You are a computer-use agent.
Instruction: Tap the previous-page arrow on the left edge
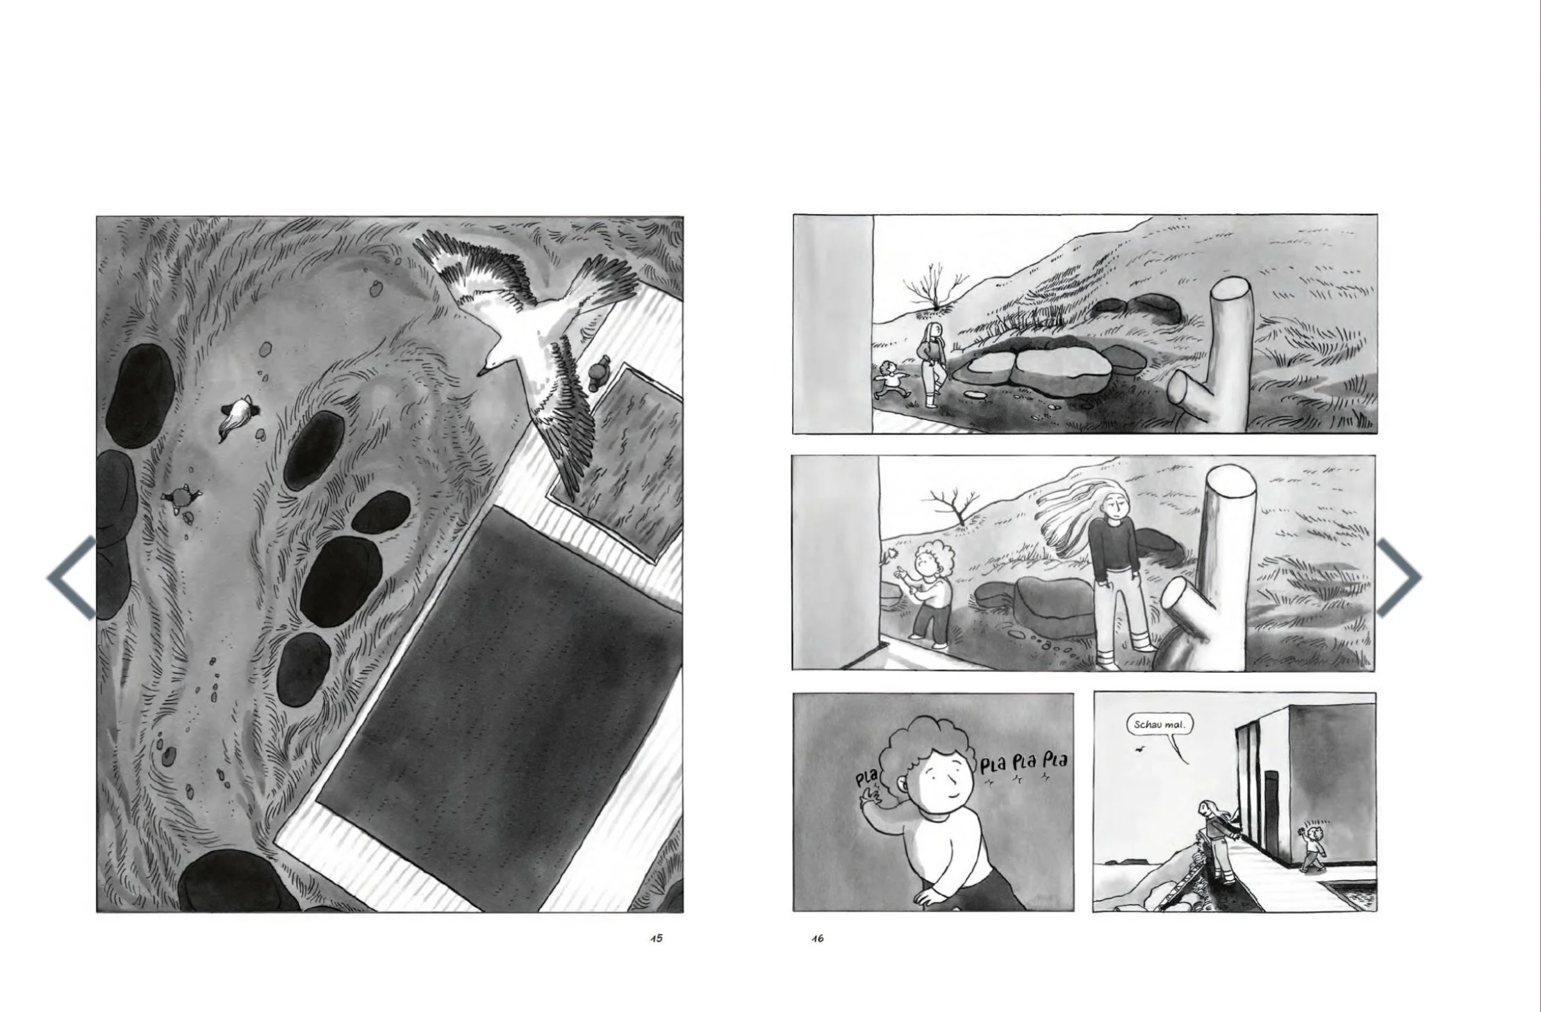coord(71,576)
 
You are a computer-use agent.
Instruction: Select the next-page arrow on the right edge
coord(1399,576)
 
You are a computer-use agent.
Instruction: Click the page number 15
coord(656,938)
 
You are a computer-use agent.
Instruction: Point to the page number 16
coord(817,938)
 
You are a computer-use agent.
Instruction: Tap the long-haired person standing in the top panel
coord(932,365)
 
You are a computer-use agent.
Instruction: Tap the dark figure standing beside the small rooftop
coord(597,374)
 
